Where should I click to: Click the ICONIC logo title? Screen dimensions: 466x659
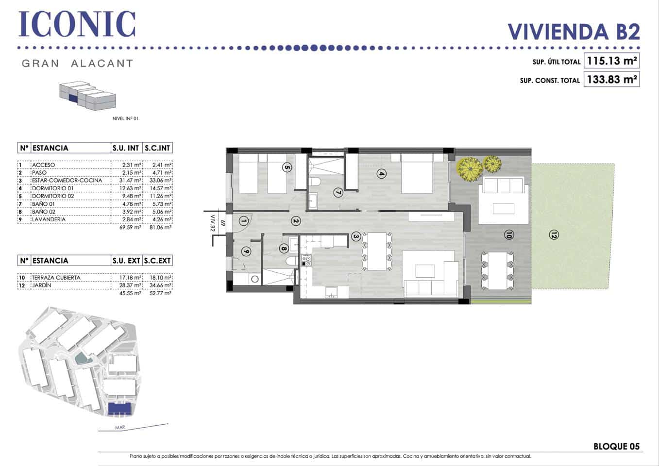[77, 24]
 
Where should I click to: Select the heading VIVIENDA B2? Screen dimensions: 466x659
[574, 32]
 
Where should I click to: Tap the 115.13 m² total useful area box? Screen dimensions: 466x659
[611, 61]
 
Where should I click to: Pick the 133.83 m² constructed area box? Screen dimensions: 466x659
[611, 79]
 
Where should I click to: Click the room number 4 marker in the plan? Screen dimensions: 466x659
[382, 173]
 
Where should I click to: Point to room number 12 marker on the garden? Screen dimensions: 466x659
[553, 235]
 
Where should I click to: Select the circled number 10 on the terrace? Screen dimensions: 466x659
[508, 235]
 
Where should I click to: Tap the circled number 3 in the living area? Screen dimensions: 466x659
[356, 236]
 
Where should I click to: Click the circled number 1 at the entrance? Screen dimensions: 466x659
[244, 221]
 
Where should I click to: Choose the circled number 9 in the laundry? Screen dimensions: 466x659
[246, 251]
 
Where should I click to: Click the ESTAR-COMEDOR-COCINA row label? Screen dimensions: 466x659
[67, 181]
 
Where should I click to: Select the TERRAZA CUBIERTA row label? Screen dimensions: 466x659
[56, 278]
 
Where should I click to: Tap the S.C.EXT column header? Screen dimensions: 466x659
[157, 261]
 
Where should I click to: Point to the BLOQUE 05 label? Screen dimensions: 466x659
[616, 446]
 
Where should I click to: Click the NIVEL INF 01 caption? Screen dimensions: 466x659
[125, 118]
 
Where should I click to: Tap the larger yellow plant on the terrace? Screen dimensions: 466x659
[470, 168]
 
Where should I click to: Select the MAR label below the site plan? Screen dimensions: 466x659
[120, 428]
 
